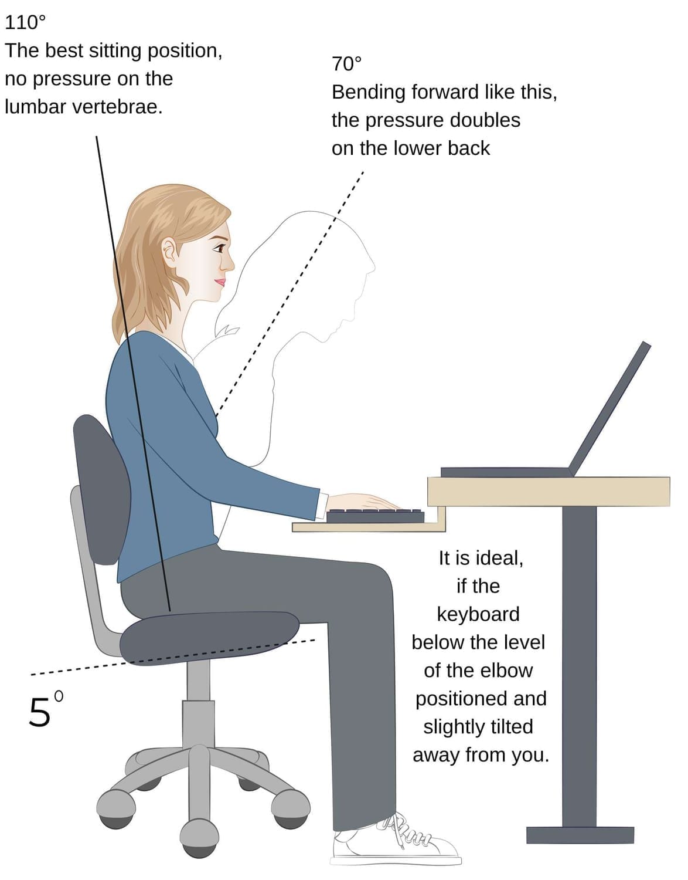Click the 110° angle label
pos(25,23)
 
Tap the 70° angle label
pos(346,64)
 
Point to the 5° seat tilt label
pos(46,709)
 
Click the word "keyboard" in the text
pos(478,614)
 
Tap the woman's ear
pos(169,251)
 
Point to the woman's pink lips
pos(220,282)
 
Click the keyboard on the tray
pos(375,516)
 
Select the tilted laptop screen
pos(609,408)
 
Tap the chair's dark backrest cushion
pos(102,489)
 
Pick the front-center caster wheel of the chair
pos(199,838)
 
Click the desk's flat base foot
pos(580,835)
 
